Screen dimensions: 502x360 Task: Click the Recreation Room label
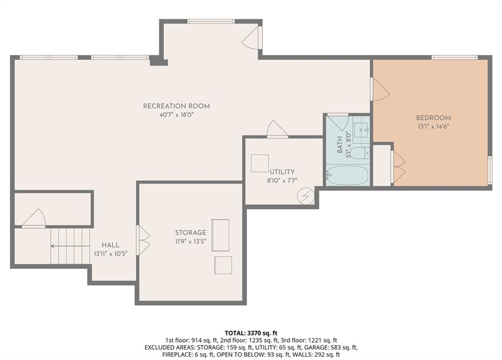click(x=176, y=106)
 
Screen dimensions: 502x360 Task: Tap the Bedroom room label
click(x=433, y=118)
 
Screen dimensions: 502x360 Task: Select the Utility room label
click(x=282, y=172)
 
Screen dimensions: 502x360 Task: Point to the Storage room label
click(x=191, y=233)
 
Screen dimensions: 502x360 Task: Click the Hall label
click(x=110, y=245)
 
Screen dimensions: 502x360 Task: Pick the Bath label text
click(x=340, y=144)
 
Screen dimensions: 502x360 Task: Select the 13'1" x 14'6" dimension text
click(x=433, y=126)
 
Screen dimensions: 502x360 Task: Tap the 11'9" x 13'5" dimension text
click(x=191, y=241)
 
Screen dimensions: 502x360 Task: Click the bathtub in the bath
click(x=348, y=175)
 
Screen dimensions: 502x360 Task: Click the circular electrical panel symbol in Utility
click(x=305, y=196)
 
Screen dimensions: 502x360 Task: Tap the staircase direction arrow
click(x=70, y=246)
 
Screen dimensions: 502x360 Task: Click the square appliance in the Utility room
click(x=260, y=163)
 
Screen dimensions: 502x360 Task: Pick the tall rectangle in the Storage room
click(x=220, y=235)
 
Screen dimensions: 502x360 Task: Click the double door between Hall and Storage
click(x=143, y=240)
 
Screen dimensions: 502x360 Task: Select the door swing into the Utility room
click(x=277, y=129)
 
